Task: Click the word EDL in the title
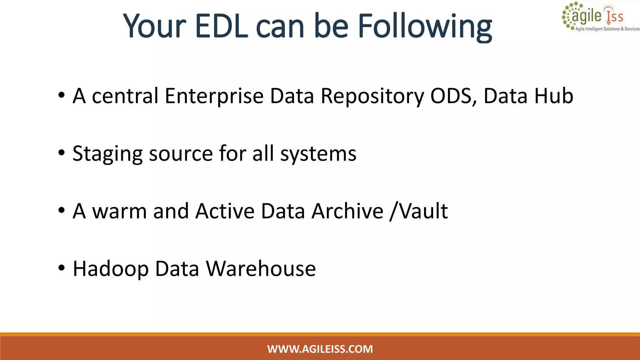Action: [x=222, y=26]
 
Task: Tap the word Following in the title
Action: [x=424, y=27]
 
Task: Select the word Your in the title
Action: [x=155, y=26]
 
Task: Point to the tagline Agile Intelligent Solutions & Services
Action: [x=607, y=29]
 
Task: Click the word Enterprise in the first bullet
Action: [x=214, y=96]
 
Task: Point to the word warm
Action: [x=119, y=211]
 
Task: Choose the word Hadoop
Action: [x=111, y=269]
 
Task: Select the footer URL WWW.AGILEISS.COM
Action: [x=320, y=349]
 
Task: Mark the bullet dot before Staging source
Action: [x=62, y=153]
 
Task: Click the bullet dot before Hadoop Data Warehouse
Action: [x=62, y=268]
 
